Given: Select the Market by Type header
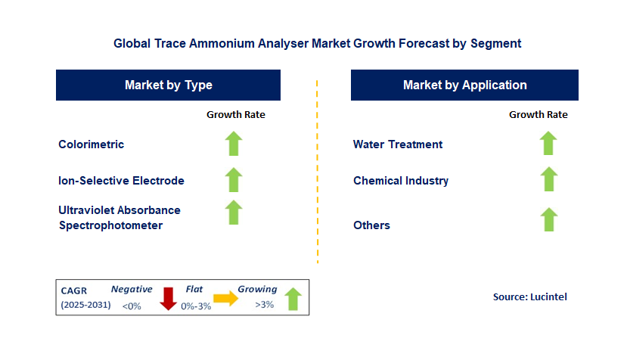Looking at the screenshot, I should [168, 85].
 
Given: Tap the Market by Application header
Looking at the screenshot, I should [464, 85].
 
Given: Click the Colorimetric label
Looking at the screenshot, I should [91, 144].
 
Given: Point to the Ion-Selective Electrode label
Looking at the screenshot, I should [121, 181].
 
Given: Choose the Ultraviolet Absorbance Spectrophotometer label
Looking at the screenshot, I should [119, 218].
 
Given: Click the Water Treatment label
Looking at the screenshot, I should [398, 144].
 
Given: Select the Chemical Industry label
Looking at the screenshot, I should [401, 181].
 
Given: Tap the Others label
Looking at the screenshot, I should [371, 225].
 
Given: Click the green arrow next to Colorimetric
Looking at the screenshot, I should [234, 144].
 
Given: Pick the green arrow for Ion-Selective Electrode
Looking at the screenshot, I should [234, 180].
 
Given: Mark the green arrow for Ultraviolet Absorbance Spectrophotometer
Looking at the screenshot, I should [234, 213].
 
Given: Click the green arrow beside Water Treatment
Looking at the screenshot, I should [548, 144].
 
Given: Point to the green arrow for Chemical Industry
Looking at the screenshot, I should [548, 180].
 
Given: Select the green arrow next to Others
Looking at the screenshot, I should [548, 220].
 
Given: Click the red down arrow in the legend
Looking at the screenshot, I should [168, 299].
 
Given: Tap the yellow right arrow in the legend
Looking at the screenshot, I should [225, 299].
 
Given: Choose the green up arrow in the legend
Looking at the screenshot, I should [293, 299].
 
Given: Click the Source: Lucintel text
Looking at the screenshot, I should [529, 297].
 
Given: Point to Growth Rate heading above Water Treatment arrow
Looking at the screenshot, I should [538, 115].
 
